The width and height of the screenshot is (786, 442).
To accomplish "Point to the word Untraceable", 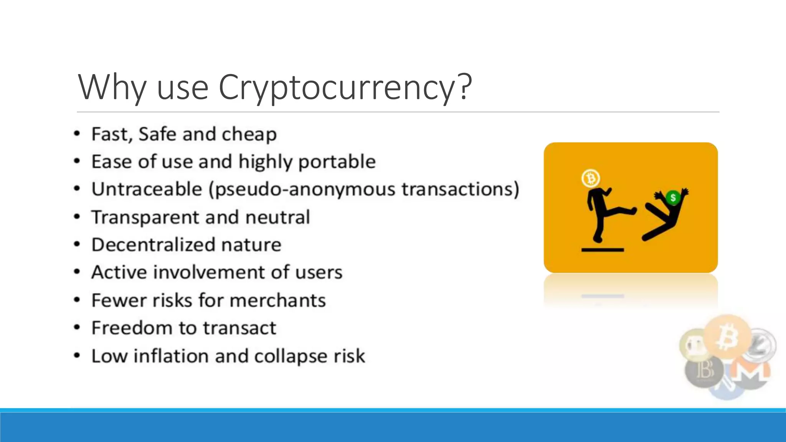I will [x=147, y=190].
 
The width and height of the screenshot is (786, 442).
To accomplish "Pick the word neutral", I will [x=277, y=217].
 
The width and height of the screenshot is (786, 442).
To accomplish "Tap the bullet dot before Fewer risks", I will [x=77, y=300].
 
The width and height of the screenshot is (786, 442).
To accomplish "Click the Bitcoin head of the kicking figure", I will [x=590, y=178].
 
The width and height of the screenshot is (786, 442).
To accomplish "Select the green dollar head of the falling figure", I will [x=672, y=198].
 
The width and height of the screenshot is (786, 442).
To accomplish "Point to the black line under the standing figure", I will [x=603, y=250].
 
